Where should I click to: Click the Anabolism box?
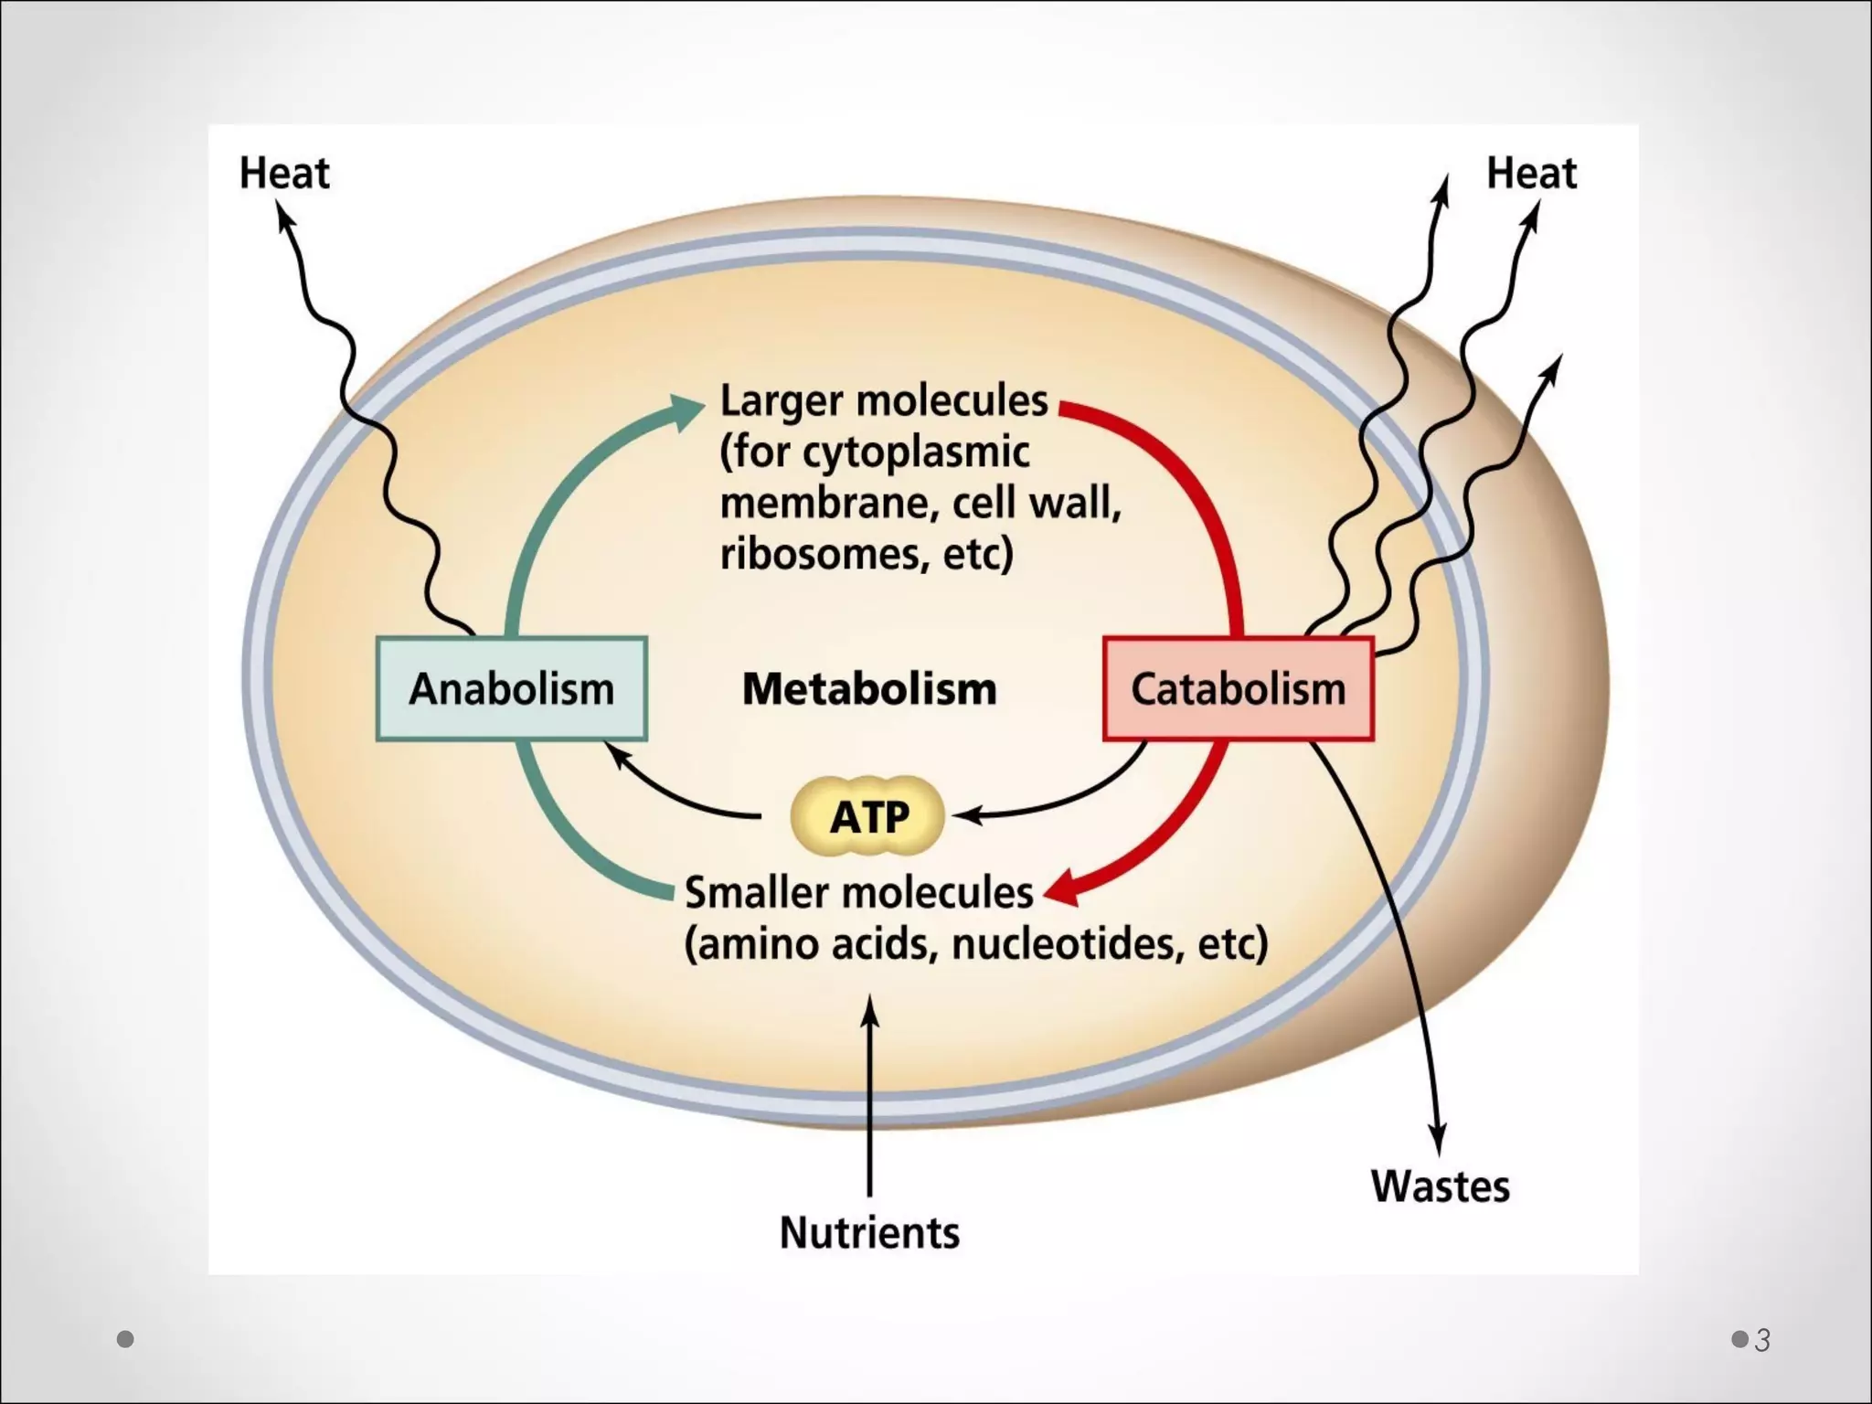[x=512, y=688]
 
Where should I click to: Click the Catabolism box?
[x=1238, y=688]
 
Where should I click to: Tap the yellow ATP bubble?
[x=867, y=815]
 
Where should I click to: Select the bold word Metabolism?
[x=868, y=688]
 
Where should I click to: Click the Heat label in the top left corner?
[x=283, y=173]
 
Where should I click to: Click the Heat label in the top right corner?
[x=1531, y=173]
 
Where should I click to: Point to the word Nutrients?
[x=869, y=1232]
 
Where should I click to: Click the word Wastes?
[x=1440, y=1186]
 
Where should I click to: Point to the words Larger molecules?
[x=883, y=400]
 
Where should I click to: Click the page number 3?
[x=1762, y=1340]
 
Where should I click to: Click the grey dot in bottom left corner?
[x=125, y=1339]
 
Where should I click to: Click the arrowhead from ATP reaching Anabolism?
[x=619, y=755]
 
